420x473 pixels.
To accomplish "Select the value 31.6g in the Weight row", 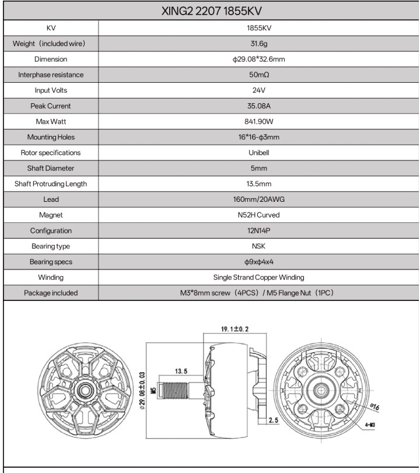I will click(x=259, y=43).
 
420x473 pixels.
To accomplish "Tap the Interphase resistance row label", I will click(x=51, y=75).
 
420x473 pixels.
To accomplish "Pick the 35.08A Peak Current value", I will click(x=259, y=106).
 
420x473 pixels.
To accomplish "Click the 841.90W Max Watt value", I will click(x=259, y=121).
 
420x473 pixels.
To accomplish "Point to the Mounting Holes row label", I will click(x=51, y=137).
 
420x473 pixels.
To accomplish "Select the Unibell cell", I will click(x=259, y=153).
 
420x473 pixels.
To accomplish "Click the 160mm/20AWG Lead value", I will click(x=259, y=199).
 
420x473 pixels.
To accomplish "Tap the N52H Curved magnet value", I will click(x=259, y=215).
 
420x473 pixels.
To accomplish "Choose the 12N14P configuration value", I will click(x=259, y=231).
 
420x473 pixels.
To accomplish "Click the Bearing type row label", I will click(x=51, y=246).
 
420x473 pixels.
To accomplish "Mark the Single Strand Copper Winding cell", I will click(x=259, y=278).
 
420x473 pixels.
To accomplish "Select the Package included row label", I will click(x=51, y=293).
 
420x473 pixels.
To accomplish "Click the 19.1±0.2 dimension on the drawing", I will click(x=235, y=330).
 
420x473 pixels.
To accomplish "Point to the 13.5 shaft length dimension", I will click(x=181, y=371).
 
